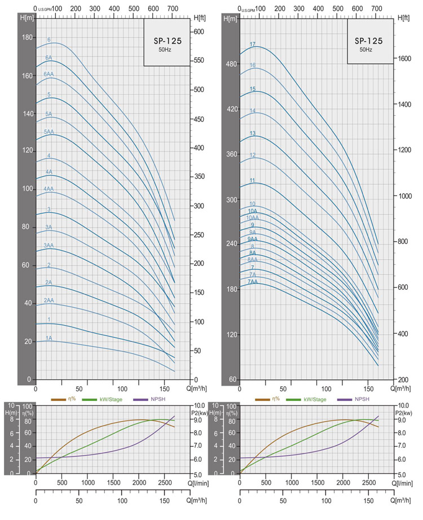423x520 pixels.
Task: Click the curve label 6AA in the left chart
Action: coord(49,75)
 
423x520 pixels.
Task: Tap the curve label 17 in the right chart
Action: coord(253,44)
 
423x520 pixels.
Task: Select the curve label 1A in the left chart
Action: coord(49,338)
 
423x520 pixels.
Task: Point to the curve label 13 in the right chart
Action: coord(253,133)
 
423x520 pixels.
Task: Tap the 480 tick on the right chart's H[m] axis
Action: coord(231,64)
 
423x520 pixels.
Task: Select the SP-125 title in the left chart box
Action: coord(166,41)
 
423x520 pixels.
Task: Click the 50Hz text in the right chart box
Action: coord(366,50)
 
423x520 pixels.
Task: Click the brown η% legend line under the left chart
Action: coord(59,400)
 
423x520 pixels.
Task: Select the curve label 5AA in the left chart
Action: coord(49,132)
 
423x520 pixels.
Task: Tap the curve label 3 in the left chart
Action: coord(49,210)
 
